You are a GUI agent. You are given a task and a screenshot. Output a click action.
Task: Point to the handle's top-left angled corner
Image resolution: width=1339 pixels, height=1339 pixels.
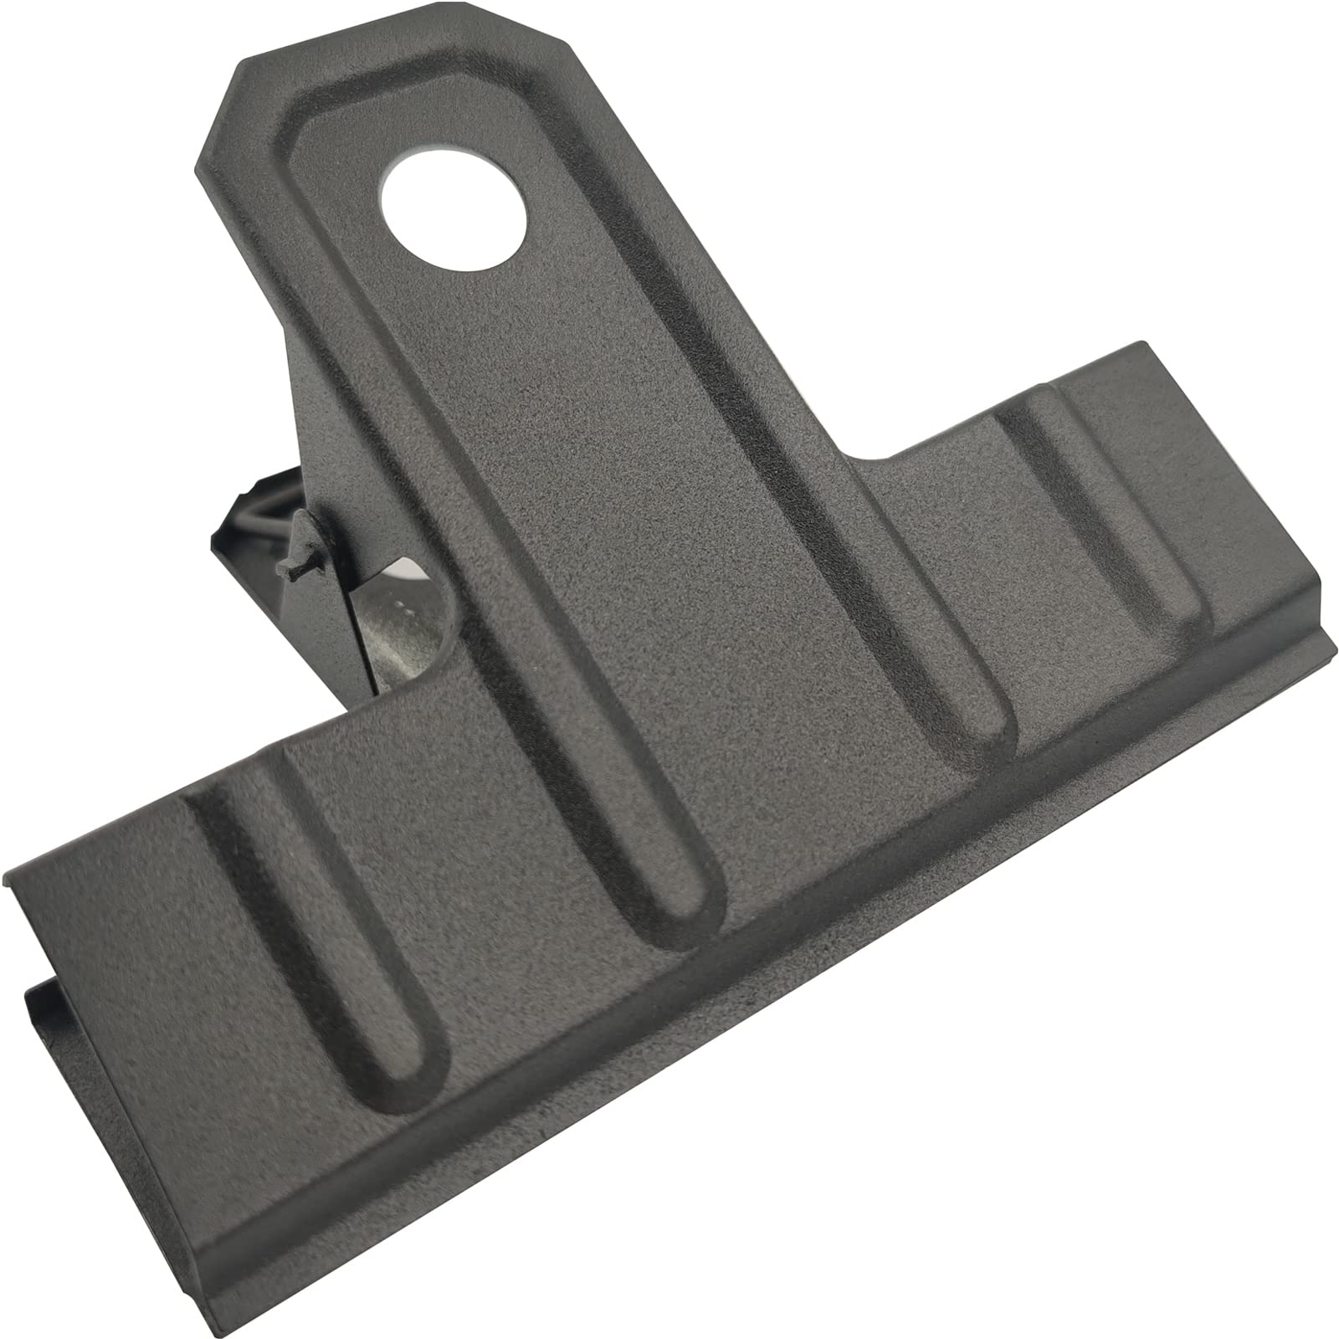coord(213,113)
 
